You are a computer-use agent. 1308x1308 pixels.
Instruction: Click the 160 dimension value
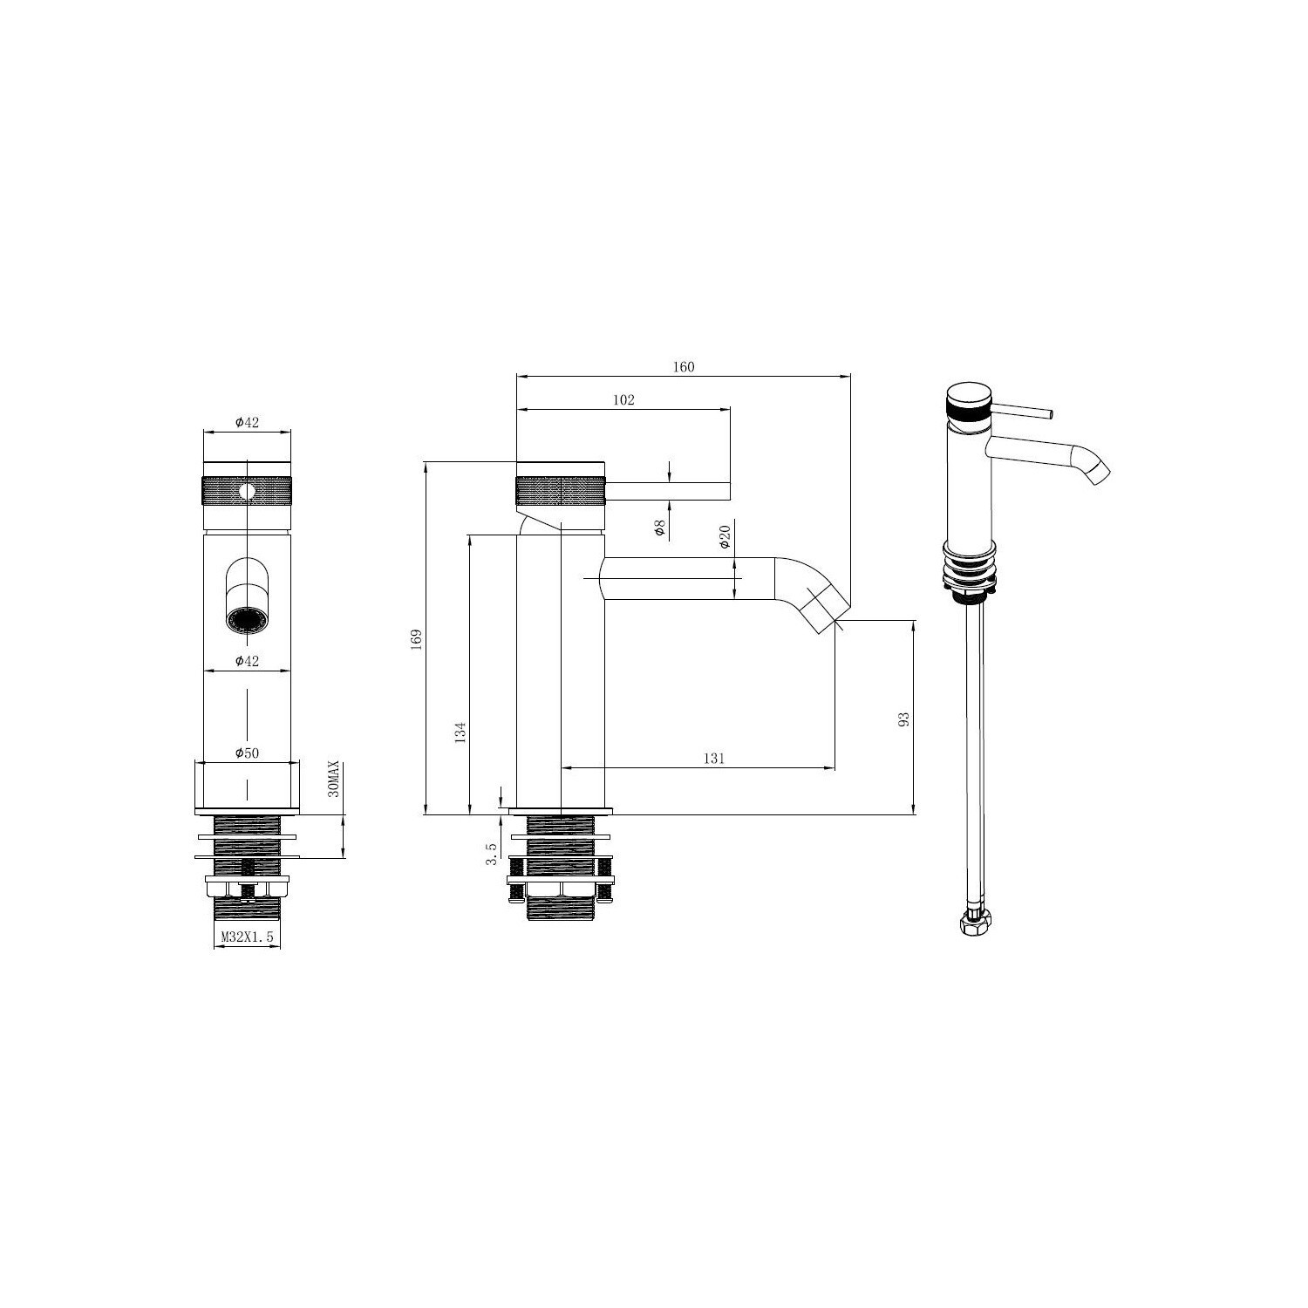[x=683, y=367]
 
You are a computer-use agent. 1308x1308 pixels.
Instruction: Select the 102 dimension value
[x=623, y=400]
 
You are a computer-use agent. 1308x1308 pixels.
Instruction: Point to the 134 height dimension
[x=461, y=731]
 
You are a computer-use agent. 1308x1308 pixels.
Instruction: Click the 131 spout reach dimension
[x=713, y=759]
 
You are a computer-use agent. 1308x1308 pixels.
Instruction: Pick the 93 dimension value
[x=903, y=719]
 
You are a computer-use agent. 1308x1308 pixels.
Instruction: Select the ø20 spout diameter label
[x=724, y=536]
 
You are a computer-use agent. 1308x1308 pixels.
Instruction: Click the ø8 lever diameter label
[x=659, y=527]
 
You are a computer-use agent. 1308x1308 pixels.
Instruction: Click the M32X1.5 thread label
[x=247, y=937]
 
